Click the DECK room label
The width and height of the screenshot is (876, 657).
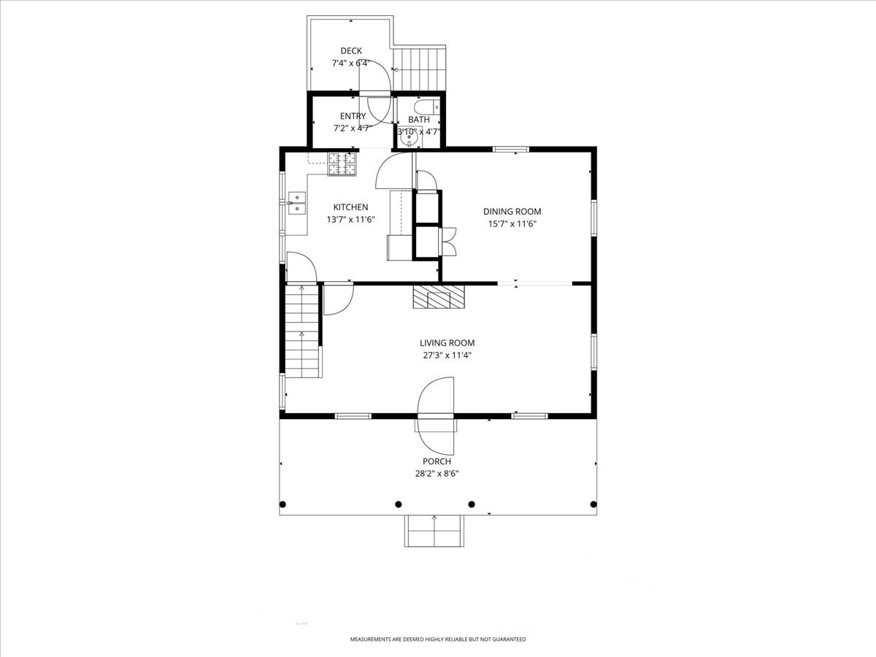point(351,51)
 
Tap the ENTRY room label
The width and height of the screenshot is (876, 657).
point(353,116)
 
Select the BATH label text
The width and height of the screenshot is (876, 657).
point(419,120)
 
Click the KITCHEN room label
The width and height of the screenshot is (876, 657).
point(350,207)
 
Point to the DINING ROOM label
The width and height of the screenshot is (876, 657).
point(512,212)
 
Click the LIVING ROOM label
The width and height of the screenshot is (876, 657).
point(447,343)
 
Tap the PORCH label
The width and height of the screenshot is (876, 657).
point(437,461)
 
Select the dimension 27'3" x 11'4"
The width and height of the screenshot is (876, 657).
point(447,356)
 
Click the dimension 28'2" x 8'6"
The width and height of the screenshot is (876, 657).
point(437,474)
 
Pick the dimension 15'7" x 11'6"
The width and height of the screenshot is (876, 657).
point(512,224)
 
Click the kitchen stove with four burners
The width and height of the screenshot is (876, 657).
point(342,164)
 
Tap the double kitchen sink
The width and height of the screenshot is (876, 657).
point(297,202)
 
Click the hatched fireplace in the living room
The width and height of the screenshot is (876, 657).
point(439,296)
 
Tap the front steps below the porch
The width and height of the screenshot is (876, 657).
point(434,531)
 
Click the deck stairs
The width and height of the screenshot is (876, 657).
point(419,69)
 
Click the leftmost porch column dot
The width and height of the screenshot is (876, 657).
point(283,504)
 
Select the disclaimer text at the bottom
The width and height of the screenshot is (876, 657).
point(437,639)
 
